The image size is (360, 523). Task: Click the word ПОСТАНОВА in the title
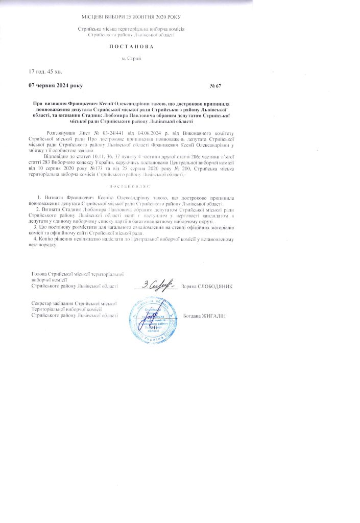click(x=131, y=46)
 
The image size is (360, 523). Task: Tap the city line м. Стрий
click(x=131, y=58)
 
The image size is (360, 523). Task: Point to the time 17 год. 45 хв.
click(x=45, y=71)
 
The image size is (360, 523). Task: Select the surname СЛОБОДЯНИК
click(x=214, y=287)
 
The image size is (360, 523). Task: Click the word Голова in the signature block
click(x=40, y=274)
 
